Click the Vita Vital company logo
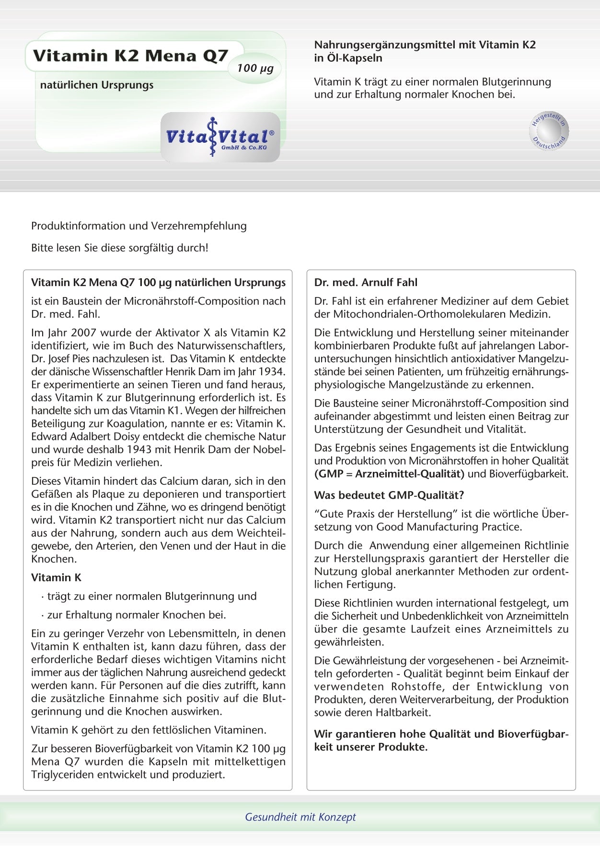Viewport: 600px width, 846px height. click(x=220, y=137)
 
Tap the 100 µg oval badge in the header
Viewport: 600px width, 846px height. click(x=255, y=68)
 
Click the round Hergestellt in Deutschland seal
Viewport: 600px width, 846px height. click(x=549, y=131)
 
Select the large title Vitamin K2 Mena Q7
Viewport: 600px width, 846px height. click(x=130, y=56)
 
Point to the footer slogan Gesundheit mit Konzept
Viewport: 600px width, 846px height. click(x=300, y=817)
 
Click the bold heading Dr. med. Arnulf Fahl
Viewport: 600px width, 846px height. click(x=366, y=283)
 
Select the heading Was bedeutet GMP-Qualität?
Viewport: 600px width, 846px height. click(x=389, y=495)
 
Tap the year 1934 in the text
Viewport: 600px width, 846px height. click(x=272, y=372)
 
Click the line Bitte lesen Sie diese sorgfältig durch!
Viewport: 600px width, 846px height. click(x=120, y=248)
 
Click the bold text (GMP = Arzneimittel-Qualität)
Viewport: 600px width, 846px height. click(x=389, y=474)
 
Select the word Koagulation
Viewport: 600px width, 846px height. click(x=164, y=423)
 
